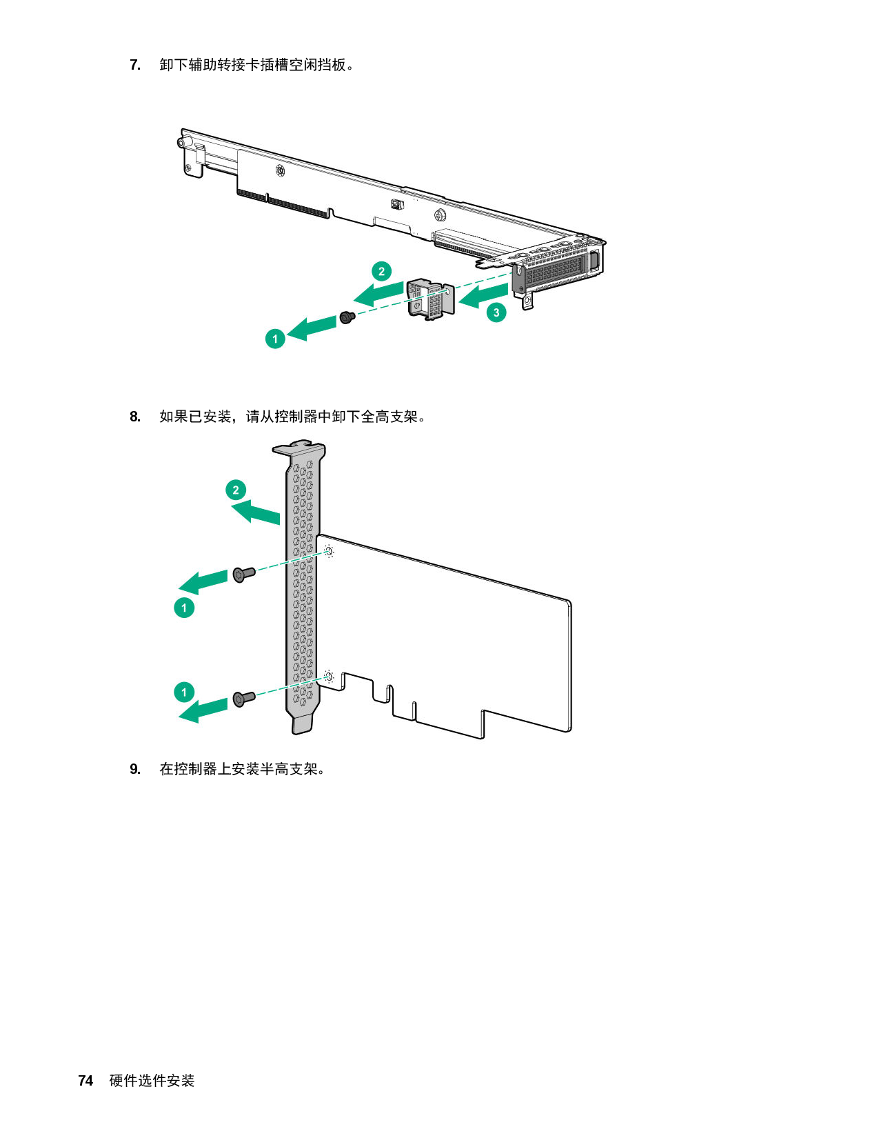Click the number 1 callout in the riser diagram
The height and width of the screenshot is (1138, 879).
point(275,339)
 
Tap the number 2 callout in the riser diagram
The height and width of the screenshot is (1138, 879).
point(381,271)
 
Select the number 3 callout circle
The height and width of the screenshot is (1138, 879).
point(496,312)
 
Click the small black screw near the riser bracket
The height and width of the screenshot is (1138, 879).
point(347,317)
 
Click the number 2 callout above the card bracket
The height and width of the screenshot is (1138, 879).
point(236,490)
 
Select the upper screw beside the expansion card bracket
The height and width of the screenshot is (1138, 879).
point(243,574)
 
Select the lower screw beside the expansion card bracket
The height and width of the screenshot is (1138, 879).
point(243,699)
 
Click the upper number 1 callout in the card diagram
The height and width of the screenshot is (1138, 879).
point(184,608)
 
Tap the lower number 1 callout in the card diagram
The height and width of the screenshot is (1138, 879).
point(184,692)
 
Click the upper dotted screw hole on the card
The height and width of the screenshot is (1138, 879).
point(330,551)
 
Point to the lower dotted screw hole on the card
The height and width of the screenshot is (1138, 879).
point(329,677)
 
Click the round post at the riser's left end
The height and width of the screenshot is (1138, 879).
point(182,143)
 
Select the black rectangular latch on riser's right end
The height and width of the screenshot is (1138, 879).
point(594,263)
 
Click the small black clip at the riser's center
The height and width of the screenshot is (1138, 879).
point(395,203)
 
